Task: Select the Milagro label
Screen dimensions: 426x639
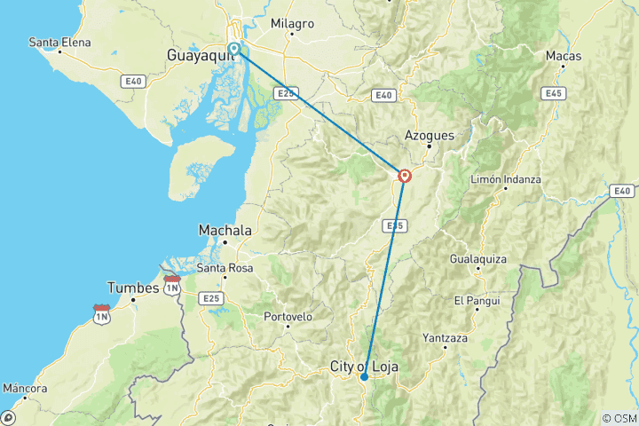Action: click(x=292, y=24)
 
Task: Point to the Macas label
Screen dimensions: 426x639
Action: click(x=564, y=56)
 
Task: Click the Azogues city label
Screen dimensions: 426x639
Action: click(x=430, y=136)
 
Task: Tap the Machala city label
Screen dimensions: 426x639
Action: click(x=225, y=230)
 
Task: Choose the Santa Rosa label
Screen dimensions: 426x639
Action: click(x=225, y=268)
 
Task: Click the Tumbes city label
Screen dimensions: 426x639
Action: click(x=133, y=288)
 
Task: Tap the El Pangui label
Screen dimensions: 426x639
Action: click(x=470, y=300)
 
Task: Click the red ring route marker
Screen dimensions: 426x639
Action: click(x=405, y=176)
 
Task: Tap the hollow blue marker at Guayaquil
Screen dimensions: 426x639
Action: click(x=233, y=49)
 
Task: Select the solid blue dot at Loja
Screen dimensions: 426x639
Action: click(x=364, y=377)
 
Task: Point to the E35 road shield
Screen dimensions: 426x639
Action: click(x=395, y=226)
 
